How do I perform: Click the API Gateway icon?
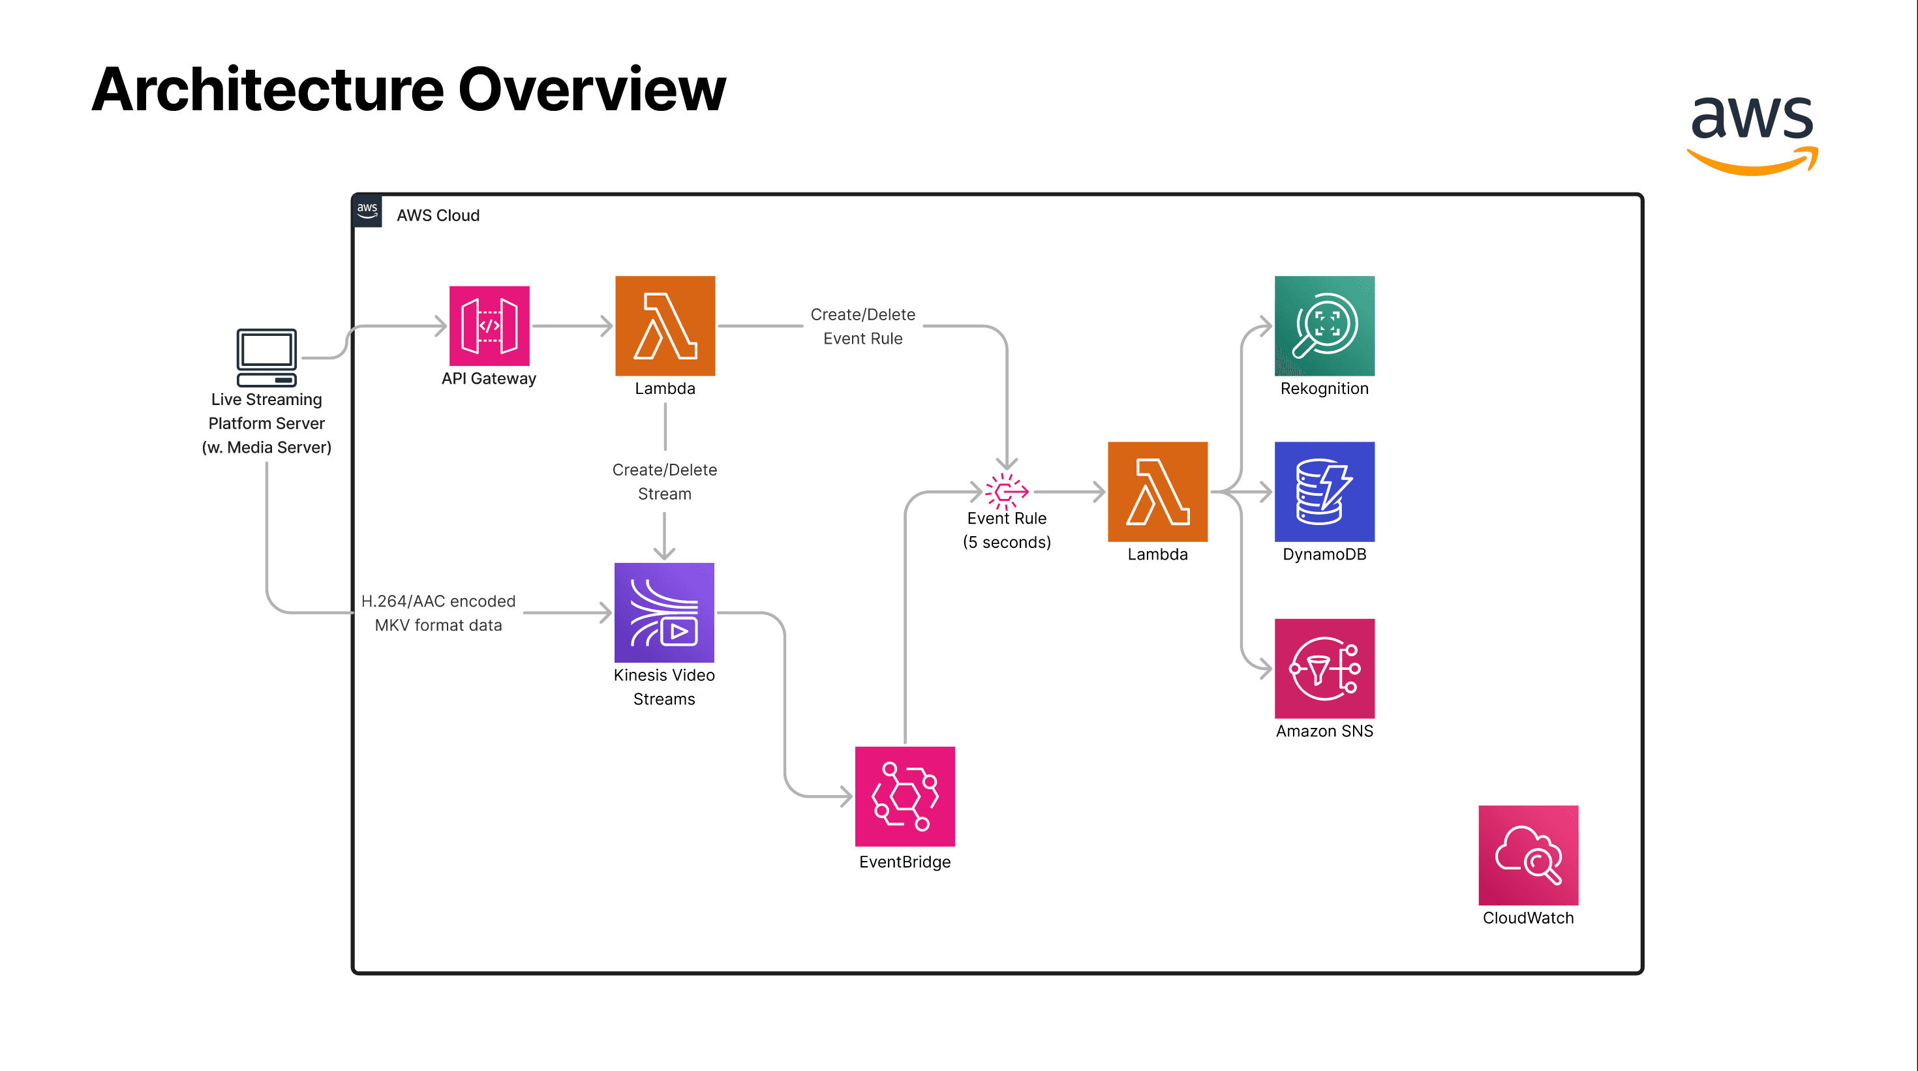coord(489,325)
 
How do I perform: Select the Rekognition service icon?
coord(1324,325)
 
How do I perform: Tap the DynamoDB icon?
coord(1324,491)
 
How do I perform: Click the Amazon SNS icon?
coord(1324,668)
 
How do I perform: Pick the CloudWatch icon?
coord(1528,854)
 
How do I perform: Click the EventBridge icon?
coord(905,796)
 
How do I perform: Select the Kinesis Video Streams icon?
coord(664,612)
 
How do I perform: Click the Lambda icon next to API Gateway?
coord(665,325)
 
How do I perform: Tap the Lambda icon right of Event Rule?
coord(1157,491)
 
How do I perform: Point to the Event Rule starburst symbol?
coord(1006,491)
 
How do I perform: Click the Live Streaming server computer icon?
coord(267,357)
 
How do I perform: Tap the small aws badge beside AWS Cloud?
coord(367,211)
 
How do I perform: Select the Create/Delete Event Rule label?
coord(862,326)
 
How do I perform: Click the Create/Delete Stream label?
coord(664,481)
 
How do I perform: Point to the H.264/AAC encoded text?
coord(438,601)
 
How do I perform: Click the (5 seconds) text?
coord(1007,542)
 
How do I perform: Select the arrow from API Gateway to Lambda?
coord(572,325)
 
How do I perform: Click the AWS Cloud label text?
coord(438,215)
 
